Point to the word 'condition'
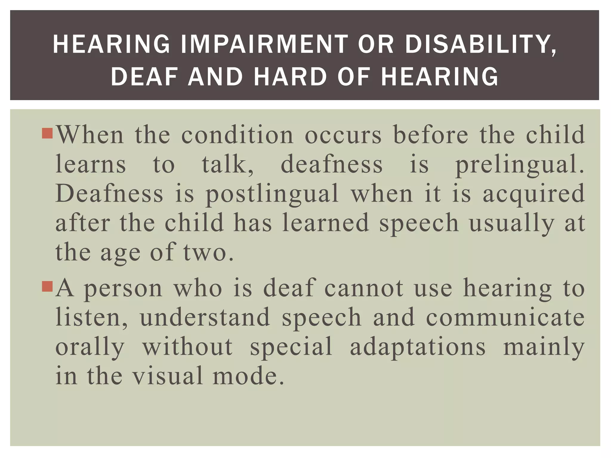click(x=237, y=135)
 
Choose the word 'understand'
click(x=205, y=318)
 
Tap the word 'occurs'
click(x=343, y=135)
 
